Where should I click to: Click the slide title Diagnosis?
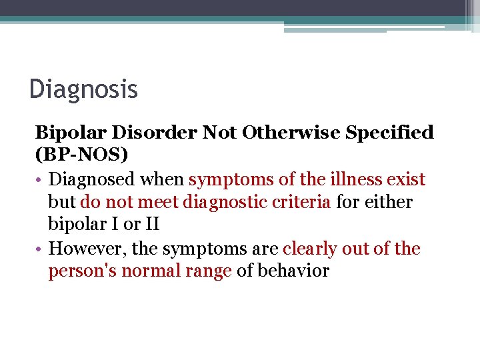point(83,89)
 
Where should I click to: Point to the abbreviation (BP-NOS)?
point(81,155)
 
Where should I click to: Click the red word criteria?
point(305,202)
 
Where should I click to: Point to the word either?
point(389,202)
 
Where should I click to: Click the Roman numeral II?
point(150,225)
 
